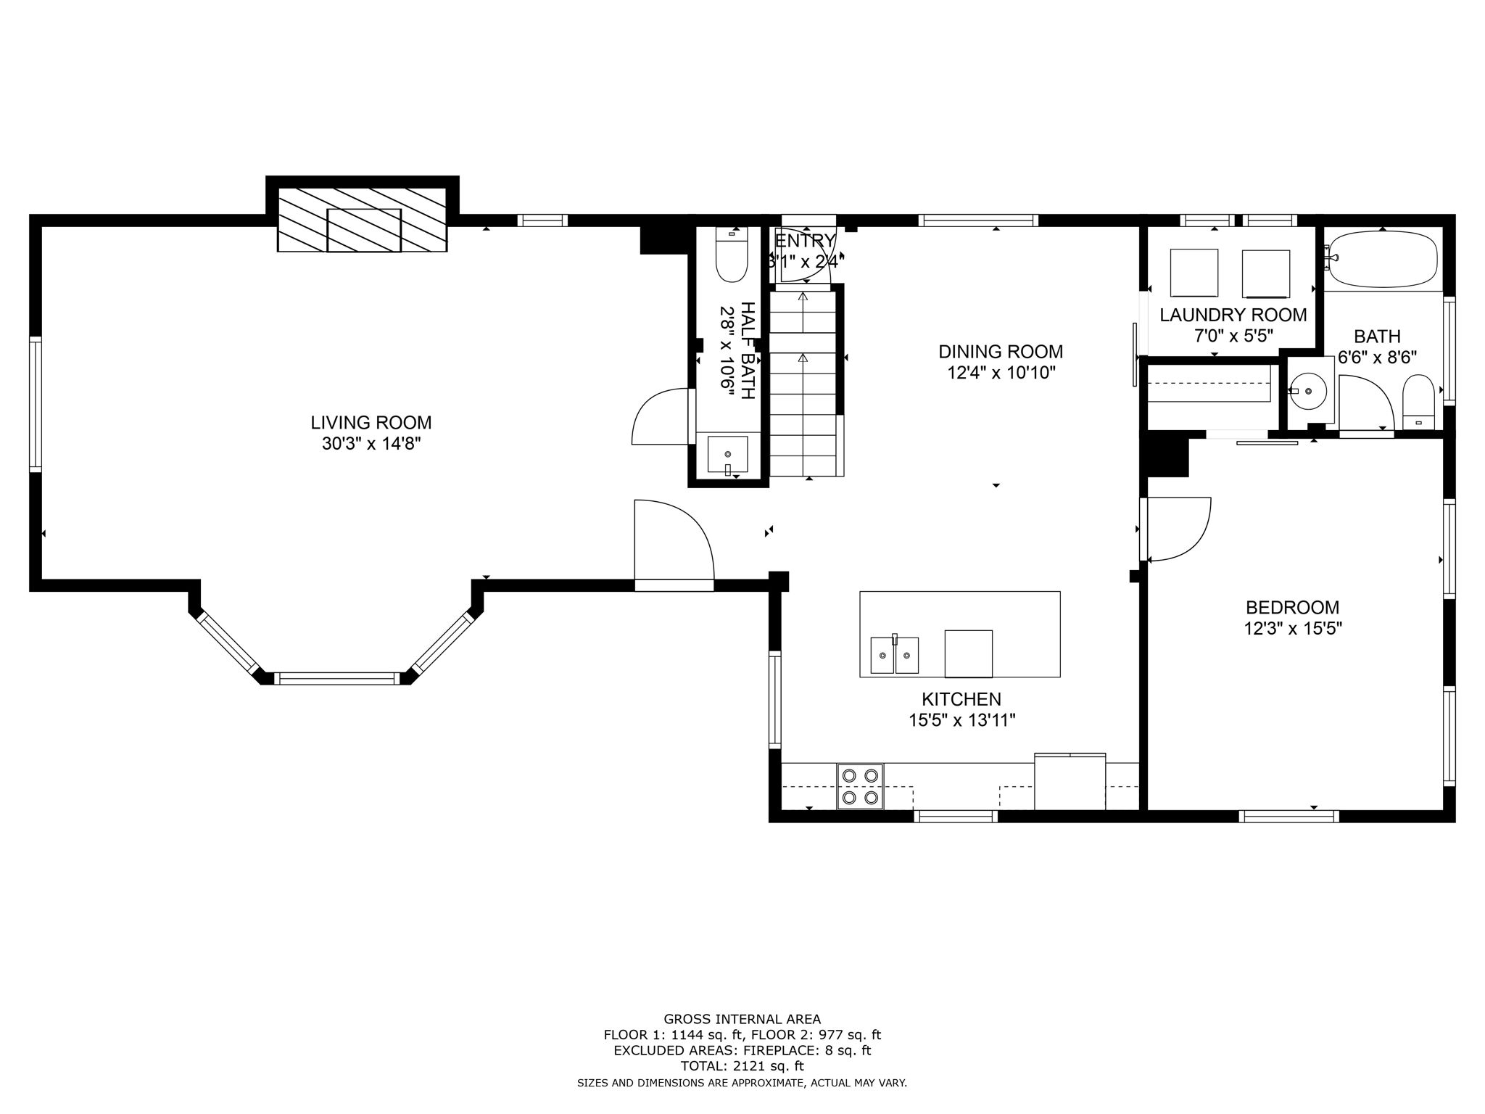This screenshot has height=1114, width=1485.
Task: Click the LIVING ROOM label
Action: point(371,422)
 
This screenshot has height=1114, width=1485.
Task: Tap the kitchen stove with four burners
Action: point(861,786)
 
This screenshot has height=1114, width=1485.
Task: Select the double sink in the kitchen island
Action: point(894,655)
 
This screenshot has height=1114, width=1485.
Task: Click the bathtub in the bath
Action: point(1381,260)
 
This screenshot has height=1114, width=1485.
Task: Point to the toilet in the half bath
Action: point(731,255)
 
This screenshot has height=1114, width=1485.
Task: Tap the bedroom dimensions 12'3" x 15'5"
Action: point(1293,629)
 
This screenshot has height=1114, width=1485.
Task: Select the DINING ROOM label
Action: point(1001,352)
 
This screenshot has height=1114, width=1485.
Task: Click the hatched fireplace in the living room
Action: point(363,219)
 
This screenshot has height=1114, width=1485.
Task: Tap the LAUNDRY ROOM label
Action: point(1233,315)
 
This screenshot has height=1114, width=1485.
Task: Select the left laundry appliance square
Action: point(1194,273)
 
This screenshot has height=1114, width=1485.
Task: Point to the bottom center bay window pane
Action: point(337,679)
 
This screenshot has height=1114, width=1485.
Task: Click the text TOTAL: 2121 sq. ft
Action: point(742,1066)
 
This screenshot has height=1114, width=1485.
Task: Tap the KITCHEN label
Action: point(961,699)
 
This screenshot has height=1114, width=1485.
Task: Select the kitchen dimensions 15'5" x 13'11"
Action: point(961,721)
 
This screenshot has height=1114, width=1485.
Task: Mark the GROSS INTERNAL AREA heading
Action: point(742,1019)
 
